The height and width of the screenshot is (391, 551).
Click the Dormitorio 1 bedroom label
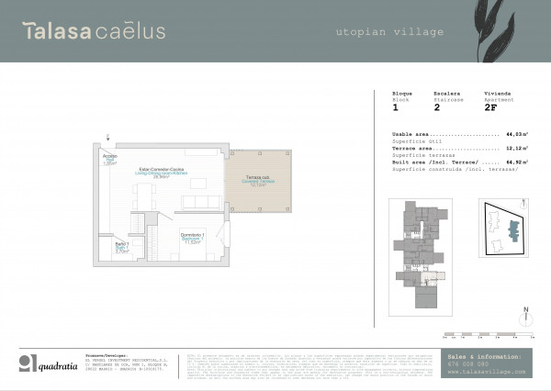click(193, 238)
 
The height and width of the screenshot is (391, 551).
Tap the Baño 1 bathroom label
click(120, 247)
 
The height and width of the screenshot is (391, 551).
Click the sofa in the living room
click(197, 201)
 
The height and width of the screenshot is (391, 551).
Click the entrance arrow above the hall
click(108, 137)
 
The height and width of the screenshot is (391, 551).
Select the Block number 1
click(395, 107)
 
